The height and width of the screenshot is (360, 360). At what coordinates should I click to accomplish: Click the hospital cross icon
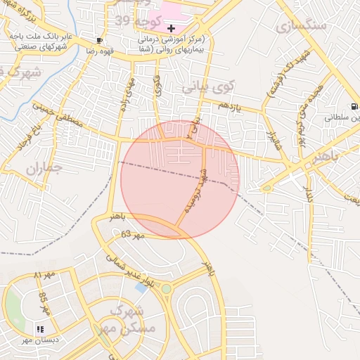pyautogui.click(x=171, y=27)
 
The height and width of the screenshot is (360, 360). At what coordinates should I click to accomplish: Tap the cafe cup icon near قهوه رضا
pyautogui.click(x=99, y=40)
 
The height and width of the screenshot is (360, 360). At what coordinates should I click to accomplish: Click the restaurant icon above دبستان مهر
pyautogui.click(x=39, y=328)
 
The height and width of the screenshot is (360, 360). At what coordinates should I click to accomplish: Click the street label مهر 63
pyautogui.click(x=131, y=234)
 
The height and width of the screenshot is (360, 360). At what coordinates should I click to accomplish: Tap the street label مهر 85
pyautogui.click(x=44, y=302)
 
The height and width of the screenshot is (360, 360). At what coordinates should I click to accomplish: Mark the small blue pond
pyautogui.click(x=141, y=287)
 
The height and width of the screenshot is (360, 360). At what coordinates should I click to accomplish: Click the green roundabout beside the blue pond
pyautogui.click(x=166, y=288)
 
